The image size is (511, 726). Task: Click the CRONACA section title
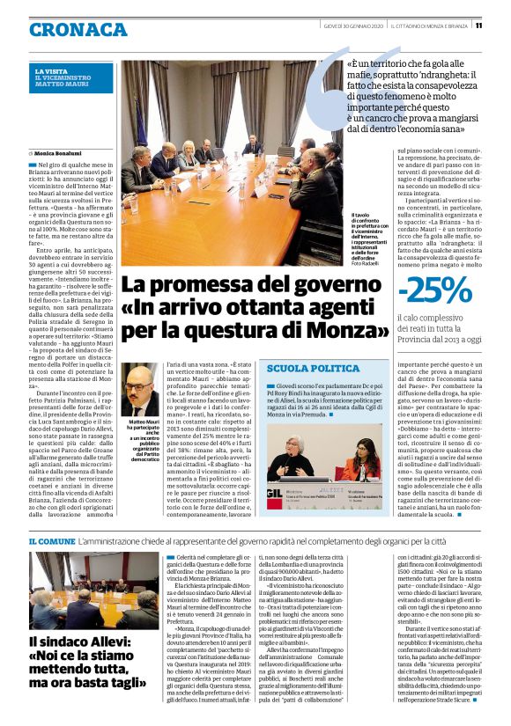coord(78,30)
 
